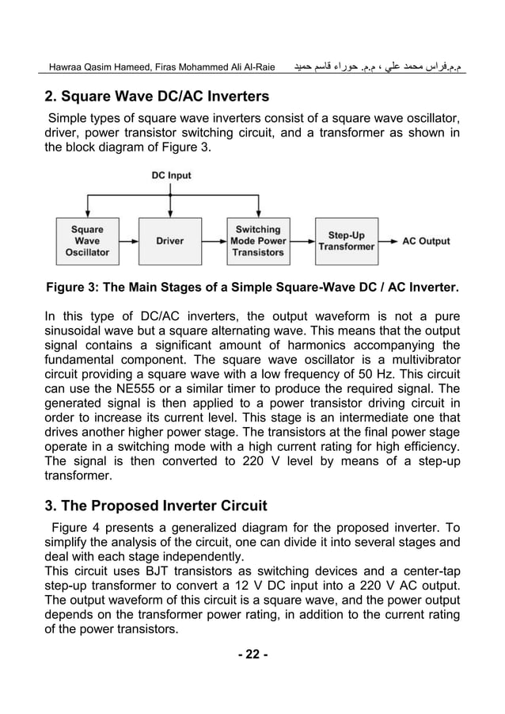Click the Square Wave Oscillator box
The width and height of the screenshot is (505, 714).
coord(87,241)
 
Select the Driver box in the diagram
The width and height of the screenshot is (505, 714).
coord(170,241)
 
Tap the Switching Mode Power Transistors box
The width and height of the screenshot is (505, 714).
coord(257,241)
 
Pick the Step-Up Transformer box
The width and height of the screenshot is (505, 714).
coord(346,241)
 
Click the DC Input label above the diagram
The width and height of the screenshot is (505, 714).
coord(171,175)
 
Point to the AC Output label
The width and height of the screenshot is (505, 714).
coord(426,241)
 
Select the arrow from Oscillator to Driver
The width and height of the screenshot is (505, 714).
coord(127,241)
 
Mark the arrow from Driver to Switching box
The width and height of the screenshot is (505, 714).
coord(214,241)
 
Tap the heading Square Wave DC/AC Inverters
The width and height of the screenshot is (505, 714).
coord(156,97)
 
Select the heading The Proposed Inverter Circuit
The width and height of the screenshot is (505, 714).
coord(156,505)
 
